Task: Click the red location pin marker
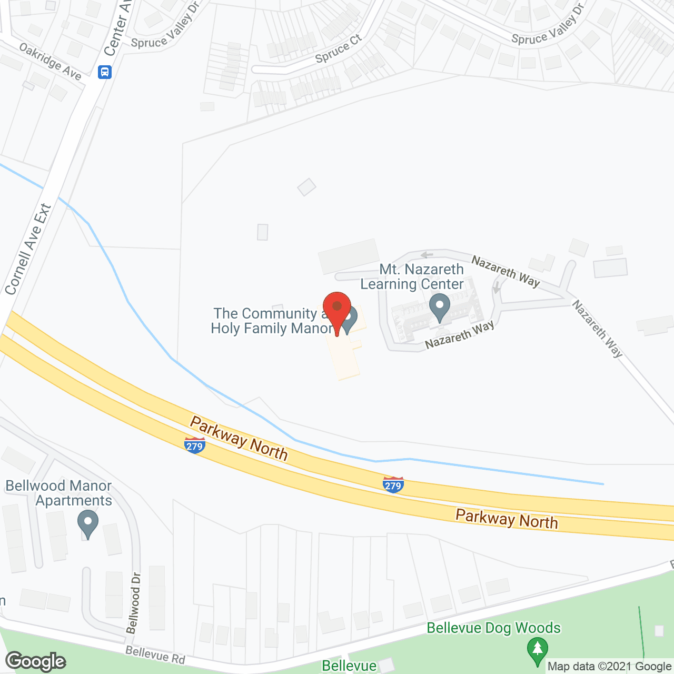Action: pyautogui.click(x=337, y=309)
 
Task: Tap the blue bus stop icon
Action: pyautogui.click(x=105, y=72)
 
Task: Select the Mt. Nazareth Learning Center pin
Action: pyautogui.click(x=439, y=308)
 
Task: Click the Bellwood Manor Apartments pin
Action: pyautogui.click(x=88, y=523)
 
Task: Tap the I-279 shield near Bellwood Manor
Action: pyautogui.click(x=195, y=445)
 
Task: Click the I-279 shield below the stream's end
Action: pyautogui.click(x=393, y=485)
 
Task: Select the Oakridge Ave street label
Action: pyautogui.click(x=51, y=62)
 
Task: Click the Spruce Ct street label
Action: pyautogui.click(x=339, y=48)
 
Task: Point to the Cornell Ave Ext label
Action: pyautogui.click(x=28, y=249)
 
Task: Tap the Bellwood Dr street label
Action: pyautogui.click(x=134, y=603)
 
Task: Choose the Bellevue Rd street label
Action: pyautogui.click(x=155, y=655)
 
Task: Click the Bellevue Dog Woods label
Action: pyautogui.click(x=493, y=628)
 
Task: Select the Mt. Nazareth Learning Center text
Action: pyautogui.click(x=412, y=276)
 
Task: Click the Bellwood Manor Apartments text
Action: pyautogui.click(x=59, y=493)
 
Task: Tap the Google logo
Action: pyautogui.click(x=36, y=661)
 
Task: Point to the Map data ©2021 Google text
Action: pyautogui.click(x=609, y=666)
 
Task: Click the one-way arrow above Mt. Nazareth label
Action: pyautogui.click(x=427, y=255)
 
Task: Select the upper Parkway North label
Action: pyautogui.click(x=239, y=438)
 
